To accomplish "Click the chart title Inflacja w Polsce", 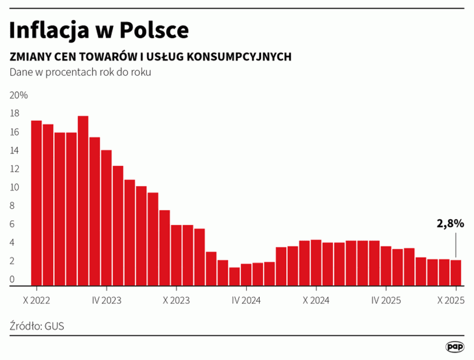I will click(99, 30).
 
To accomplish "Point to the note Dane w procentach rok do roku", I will click(80, 72).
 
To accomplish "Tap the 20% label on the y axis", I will click(19, 95).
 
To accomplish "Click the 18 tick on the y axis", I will click(15, 114).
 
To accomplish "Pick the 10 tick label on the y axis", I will click(15, 188).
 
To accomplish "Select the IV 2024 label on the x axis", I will click(246, 300).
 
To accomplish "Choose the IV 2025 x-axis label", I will click(386, 300).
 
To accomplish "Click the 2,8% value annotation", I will click(450, 224).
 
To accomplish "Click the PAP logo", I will click(455, 347).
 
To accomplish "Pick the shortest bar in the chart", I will click(234, 277).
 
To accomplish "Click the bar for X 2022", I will click(37, 203).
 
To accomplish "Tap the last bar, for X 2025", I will click(456, 273).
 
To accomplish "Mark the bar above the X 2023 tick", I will click(176, 255).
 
